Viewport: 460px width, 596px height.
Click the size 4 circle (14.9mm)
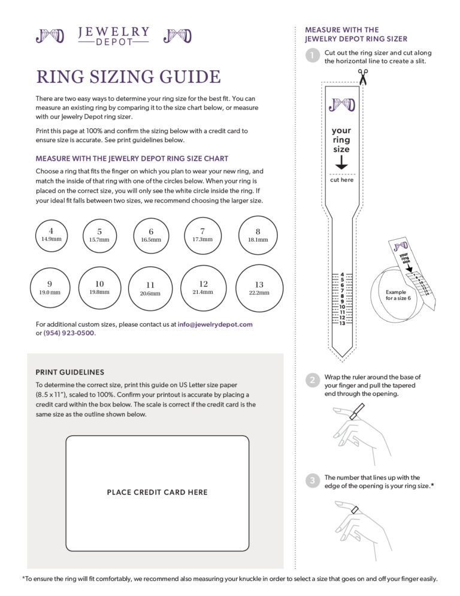(51, 234)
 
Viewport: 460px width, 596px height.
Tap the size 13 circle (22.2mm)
(259, 288)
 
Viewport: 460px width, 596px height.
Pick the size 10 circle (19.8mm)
(99, 288)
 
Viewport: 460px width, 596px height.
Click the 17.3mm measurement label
(202, 239)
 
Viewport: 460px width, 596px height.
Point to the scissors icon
(362, 77)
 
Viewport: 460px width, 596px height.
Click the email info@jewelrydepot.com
(215, 324)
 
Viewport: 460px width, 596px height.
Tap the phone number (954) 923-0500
(69, 333)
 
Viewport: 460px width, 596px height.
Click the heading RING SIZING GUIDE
(128, 77)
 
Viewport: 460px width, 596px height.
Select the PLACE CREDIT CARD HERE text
(157, 492)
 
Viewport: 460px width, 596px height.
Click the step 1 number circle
(312, 56)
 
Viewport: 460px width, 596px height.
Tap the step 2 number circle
(312, 380)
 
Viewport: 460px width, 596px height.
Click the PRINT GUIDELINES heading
(69, 372)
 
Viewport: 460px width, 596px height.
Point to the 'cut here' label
(341, 180)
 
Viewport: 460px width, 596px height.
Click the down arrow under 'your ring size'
(341, 162)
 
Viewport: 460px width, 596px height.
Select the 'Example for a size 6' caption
(398, 294)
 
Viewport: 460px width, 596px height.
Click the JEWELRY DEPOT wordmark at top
(114, 35)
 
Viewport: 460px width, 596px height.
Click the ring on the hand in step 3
(355, 510)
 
